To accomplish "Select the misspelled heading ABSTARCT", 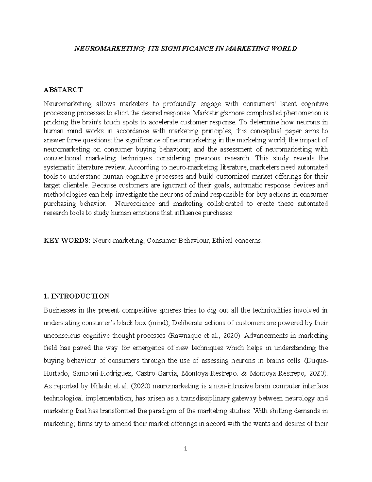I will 63,90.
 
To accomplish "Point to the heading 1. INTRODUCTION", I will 76,296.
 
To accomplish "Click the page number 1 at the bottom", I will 186,449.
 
